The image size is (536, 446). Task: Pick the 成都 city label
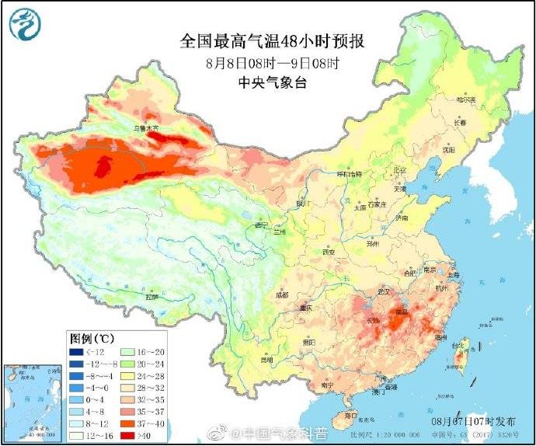(281, 295)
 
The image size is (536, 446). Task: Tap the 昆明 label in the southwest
(266, 360)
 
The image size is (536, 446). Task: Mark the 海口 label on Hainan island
(350, 416)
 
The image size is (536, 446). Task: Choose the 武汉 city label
(381, 291)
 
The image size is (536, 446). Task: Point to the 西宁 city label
(260, 225)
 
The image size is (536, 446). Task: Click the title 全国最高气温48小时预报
(266, 40)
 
